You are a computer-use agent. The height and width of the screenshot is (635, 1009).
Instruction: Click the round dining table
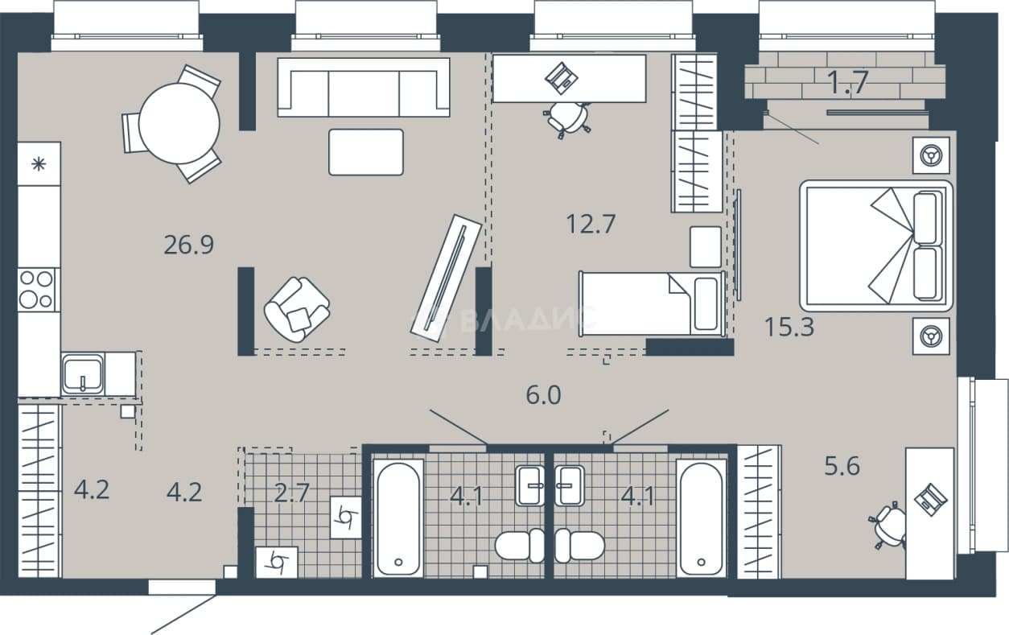[179, 123]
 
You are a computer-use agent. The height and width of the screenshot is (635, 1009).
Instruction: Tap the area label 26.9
[189, 245]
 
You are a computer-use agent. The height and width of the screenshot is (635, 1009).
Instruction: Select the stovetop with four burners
[37, 290]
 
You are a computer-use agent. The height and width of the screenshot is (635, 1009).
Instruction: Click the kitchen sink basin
[83, 374]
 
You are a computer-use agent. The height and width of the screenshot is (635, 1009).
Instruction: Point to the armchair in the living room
[297, 310]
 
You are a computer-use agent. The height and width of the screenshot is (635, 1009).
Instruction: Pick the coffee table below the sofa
[366, 152]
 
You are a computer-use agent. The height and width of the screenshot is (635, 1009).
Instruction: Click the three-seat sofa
[364, 87]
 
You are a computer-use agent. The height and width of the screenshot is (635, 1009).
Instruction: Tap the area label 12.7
[591, 224]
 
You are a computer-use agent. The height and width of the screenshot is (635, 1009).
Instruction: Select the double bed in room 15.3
[876, 245]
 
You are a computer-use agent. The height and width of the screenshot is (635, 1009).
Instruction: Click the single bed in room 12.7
[652, 303]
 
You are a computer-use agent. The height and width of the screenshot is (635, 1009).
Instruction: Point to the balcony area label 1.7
[848, 83]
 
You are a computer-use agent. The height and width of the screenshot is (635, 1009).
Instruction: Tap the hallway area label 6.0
[543, 395]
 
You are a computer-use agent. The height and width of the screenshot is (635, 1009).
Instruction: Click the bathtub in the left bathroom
[398, 517]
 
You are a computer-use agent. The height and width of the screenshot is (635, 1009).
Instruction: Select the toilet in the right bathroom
[579, 546]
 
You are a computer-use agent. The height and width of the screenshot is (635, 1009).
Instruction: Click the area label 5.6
[842, 466]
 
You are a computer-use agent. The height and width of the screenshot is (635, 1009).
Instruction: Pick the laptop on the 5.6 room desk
[931, 500]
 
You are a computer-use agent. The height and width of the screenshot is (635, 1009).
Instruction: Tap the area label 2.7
[292, 493]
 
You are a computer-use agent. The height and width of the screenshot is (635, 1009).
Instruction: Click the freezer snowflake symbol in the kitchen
[39, 164]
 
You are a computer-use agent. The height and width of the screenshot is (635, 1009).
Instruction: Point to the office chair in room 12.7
[567, 119]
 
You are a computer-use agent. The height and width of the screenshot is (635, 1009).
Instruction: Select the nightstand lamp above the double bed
[931, 156]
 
